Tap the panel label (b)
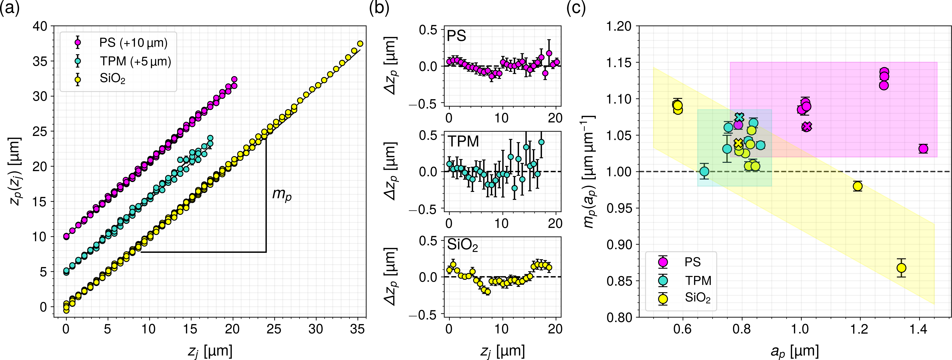point(379,8)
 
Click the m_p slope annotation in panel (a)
point(282,194)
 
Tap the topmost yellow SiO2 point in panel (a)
point(360,44)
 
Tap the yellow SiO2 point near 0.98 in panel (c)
point(858,186)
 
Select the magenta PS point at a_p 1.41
point(923,149)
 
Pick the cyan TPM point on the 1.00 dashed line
point(704,172)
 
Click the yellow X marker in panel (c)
point(738,143)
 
